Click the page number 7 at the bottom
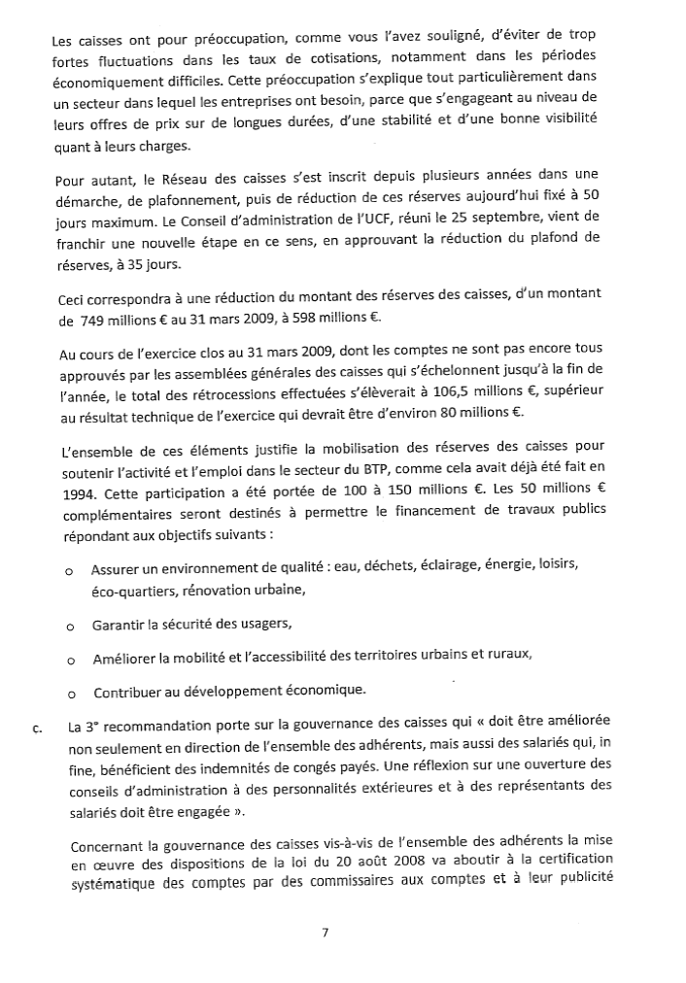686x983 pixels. [x=326, y=932]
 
